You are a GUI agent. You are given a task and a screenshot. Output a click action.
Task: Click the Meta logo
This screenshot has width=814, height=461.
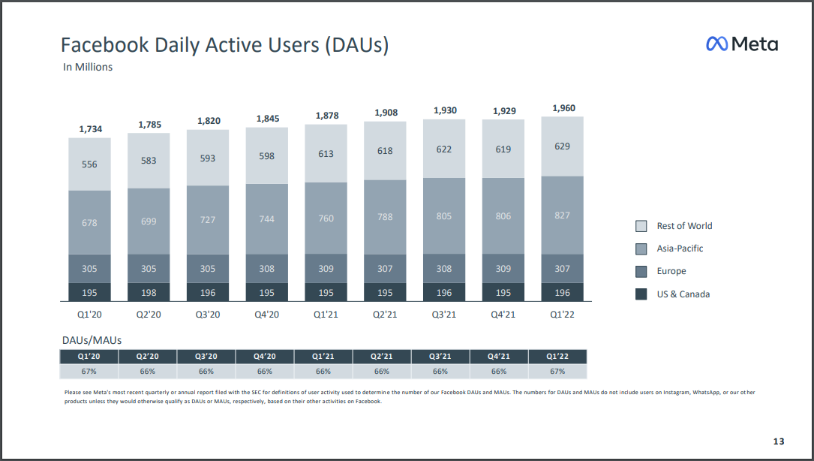[741, 44]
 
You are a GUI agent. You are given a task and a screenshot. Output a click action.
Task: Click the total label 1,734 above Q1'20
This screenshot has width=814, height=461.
[90, 129]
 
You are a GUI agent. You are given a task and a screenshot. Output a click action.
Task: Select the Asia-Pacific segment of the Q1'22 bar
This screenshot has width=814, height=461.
[562, 215]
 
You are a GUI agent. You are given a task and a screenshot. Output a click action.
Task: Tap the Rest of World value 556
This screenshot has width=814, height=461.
[90, 164]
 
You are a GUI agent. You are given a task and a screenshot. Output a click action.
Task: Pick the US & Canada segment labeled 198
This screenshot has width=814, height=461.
[149, 293]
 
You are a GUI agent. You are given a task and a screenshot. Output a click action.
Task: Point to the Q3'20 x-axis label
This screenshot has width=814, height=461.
[208, 315]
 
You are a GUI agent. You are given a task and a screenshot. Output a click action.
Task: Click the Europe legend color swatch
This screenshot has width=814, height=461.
[641, 271]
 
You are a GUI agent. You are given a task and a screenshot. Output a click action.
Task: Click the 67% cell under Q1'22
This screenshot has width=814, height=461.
[557, 371]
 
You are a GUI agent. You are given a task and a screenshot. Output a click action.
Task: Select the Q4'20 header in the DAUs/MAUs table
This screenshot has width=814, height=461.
[265, 357]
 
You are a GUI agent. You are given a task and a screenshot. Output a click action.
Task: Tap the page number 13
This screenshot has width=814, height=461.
[778, 441]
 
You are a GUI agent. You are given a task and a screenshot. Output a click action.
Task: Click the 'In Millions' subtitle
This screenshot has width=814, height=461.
[88, 67]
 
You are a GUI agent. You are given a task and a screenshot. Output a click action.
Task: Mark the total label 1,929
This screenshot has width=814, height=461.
[503, 111]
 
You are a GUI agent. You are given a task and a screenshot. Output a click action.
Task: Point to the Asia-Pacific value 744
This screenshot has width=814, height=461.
[266, 219]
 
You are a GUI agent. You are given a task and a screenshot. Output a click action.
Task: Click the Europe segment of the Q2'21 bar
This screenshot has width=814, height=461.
[385, 269]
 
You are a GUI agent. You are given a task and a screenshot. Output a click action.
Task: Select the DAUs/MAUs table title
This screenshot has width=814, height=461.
[92, 340]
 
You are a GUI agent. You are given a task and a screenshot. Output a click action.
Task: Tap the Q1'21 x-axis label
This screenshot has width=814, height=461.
[326, 315]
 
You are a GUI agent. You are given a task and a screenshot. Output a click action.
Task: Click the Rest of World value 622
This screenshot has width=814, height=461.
[444, 149]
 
